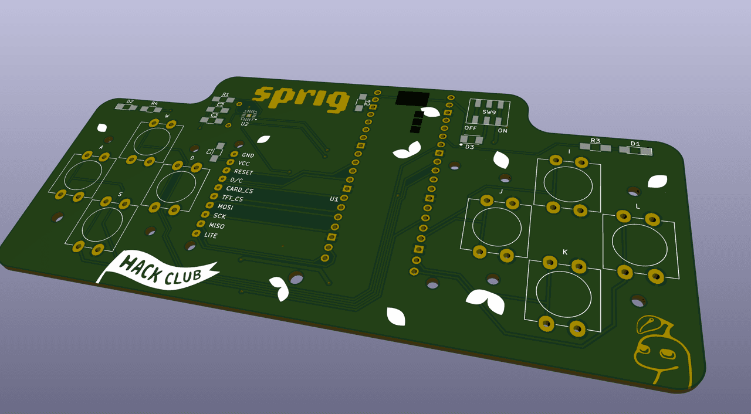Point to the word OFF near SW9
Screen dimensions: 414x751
click(x=471, y=128)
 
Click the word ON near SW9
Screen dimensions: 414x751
click(x=502, y=131)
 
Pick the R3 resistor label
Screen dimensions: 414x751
click(x=595, y=141)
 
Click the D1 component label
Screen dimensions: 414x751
click(x=635, y=144)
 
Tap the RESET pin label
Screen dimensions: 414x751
click(x=243, y=172)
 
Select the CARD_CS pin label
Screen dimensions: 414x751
click(x=239, y=190)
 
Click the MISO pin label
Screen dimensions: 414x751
click(x=216, y=226)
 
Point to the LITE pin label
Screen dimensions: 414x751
click(x=210, y=235)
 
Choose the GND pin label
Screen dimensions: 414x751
click(x=248, y=155)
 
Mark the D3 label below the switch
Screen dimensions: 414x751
click(x=469, y=147)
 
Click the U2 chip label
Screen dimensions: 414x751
click(x=245, y=124)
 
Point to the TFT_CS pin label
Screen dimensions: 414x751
click(x=231, y=199)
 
